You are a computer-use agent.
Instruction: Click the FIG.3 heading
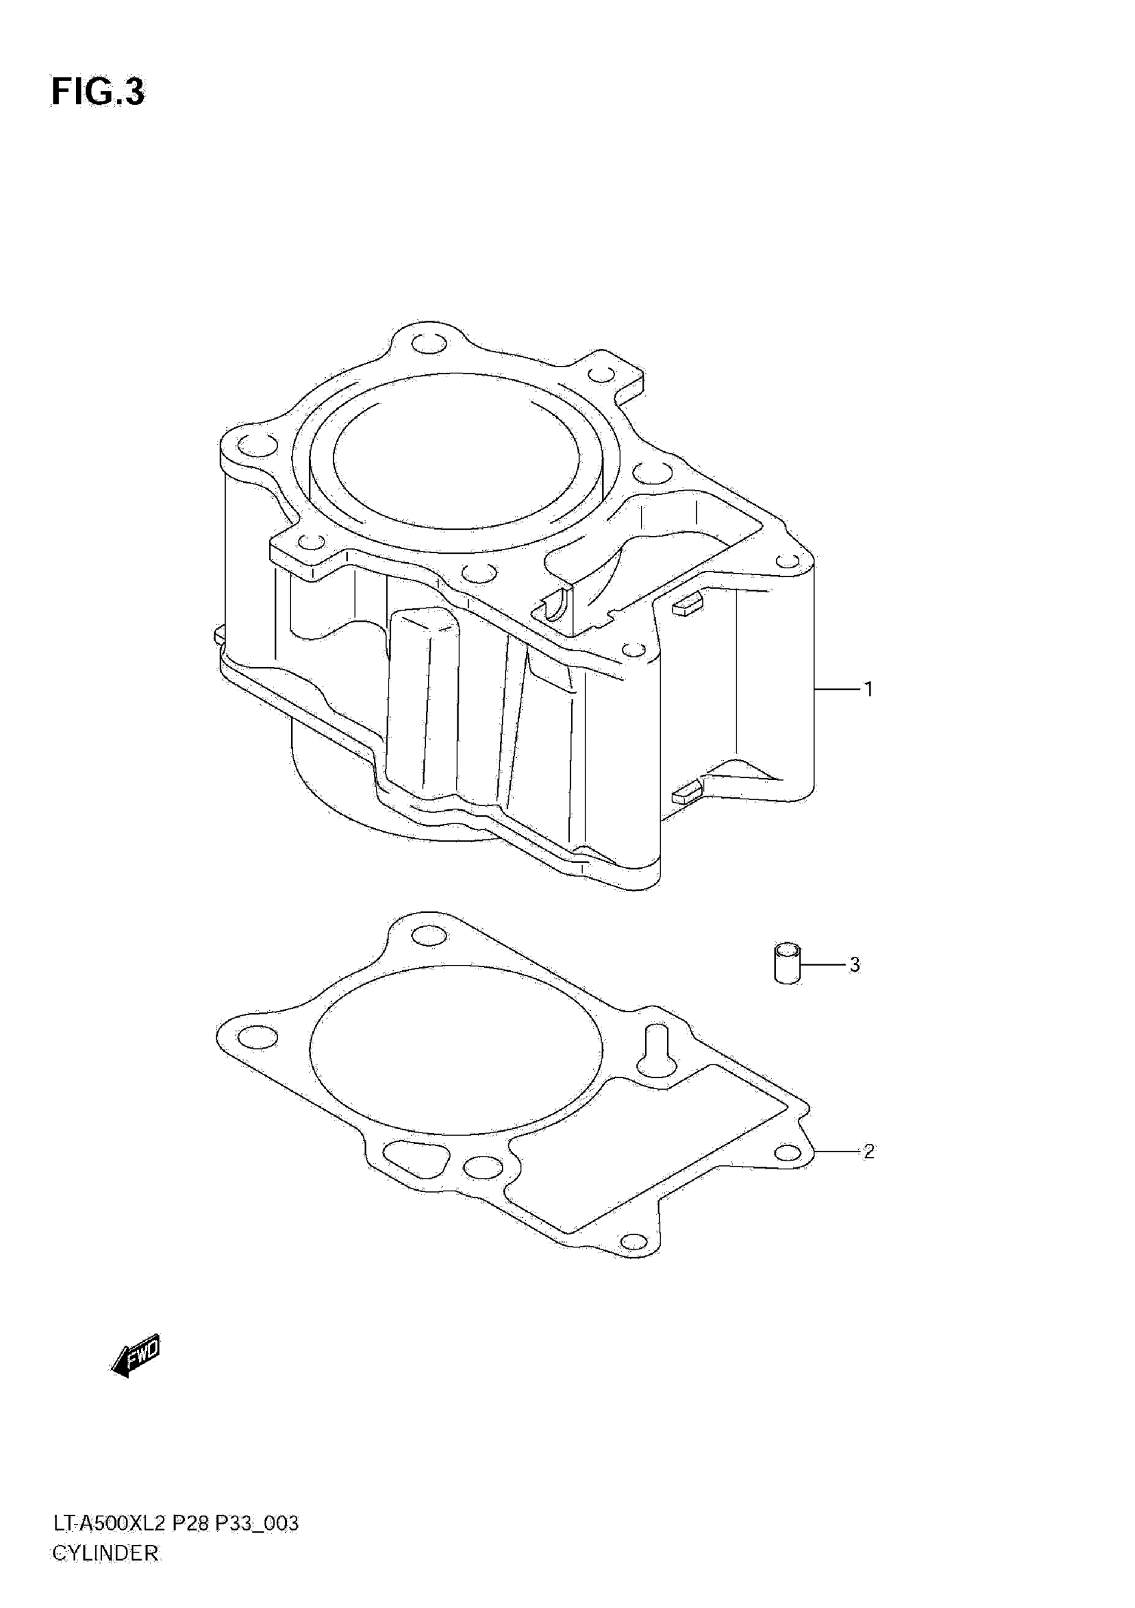point(98,92)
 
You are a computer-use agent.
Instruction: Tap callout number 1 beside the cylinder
point(869,690)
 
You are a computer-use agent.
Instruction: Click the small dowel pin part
point(788,964)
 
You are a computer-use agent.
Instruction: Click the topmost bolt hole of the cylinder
point(429,345)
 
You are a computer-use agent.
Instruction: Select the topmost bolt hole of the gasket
point(429,936)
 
